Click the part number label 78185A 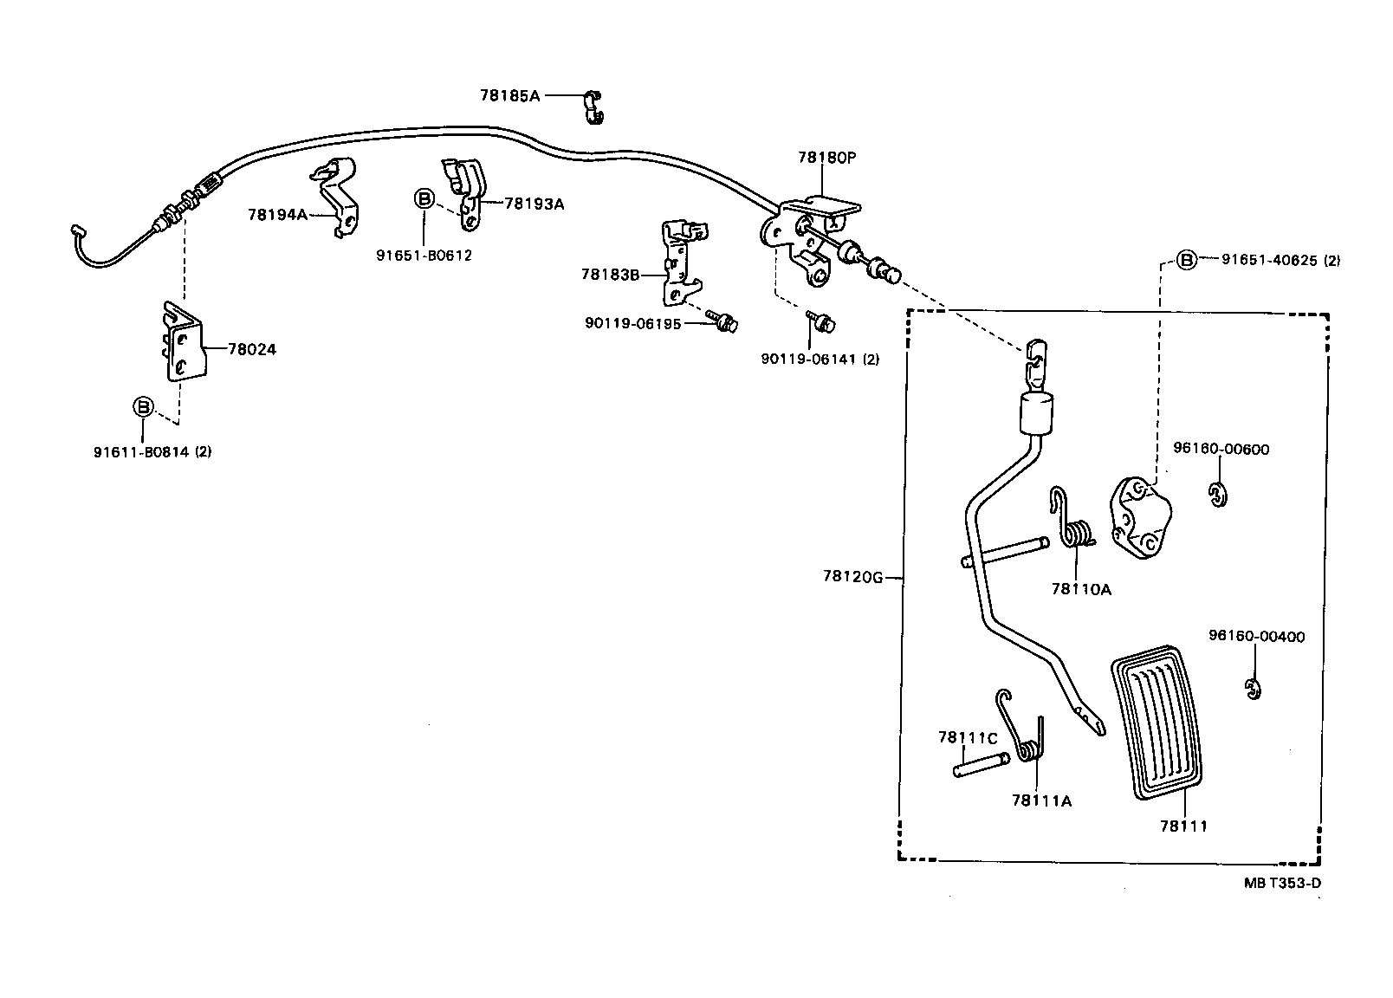tap(509, 95)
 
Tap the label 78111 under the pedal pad tap(1182, 826)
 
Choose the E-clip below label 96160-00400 tap(1253, 690)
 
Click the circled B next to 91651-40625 tap(1186, 259)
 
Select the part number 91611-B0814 tap(142, 451)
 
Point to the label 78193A tap(534, 204)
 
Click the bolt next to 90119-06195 tap(721, 321)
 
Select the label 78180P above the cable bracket tap(826, 158)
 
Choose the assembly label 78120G tap(853, 577)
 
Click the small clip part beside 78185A tap(593, 105)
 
